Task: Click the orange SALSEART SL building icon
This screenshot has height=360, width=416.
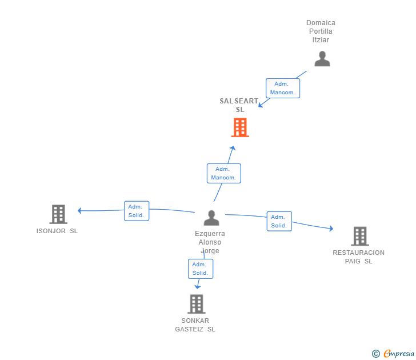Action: (240, 127)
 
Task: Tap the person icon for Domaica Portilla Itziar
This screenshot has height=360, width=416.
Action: (322, 59)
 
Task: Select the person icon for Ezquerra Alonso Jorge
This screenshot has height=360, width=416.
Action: (211, 218)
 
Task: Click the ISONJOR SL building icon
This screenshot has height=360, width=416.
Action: (58, 214)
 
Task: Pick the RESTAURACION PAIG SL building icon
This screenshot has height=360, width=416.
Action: (359, 236)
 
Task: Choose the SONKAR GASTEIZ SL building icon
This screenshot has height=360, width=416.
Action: (196, 304)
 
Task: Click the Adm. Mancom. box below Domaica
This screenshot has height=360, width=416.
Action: (283, 88)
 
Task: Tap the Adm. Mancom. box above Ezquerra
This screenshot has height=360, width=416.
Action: (223, 173)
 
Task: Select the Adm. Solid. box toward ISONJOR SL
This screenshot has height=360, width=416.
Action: (137, 211)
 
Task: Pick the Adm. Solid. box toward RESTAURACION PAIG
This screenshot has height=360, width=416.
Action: (279, 221)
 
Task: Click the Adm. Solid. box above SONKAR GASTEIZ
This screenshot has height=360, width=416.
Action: (201, 269)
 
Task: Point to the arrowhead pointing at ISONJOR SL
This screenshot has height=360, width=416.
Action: (80, 210)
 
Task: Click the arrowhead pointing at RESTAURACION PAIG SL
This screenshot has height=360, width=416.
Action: (331, 229)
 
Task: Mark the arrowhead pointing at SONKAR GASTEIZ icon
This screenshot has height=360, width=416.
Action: (198, 286)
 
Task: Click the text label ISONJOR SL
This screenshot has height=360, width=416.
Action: (57, 231)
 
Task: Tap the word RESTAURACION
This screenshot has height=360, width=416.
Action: (359, 253)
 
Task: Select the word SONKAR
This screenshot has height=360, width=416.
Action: (195, 321)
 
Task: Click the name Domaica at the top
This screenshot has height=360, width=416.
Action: (321, 23)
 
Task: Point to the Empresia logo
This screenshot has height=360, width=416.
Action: (398, 354)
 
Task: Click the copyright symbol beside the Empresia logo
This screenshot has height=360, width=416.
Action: (376, 354)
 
